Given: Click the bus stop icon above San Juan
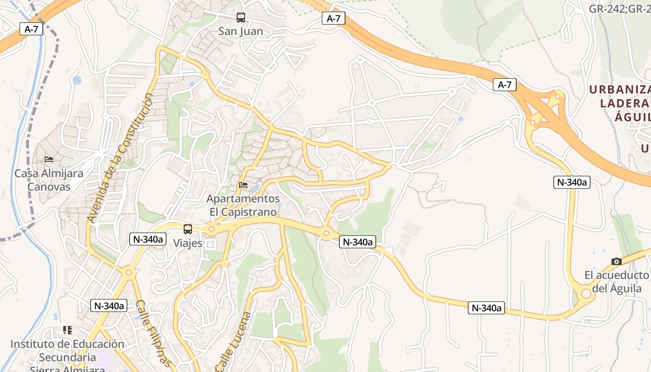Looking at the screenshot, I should pos(240,18).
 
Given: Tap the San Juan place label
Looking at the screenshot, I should pos(240,32).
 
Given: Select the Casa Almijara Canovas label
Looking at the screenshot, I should pos(49,180).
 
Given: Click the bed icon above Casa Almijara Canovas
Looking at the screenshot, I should pos(49,159).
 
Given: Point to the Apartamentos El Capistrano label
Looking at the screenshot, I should pos(243,206).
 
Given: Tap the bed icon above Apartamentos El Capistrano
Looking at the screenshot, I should pos(243,185).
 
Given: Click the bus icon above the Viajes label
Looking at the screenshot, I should pos(188,229).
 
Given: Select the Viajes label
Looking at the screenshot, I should pos(188,243).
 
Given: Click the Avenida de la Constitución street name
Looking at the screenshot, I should pos(120,158).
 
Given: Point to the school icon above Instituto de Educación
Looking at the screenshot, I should pos(67,330).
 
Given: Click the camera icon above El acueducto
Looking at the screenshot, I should pos(617,262).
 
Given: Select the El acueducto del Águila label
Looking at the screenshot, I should pos(617,282).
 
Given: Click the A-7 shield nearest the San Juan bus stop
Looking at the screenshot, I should pos(333,19).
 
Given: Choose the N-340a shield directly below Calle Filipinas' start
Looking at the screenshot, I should pos(109,306).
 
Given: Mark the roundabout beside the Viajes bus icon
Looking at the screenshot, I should pos(212,228).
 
